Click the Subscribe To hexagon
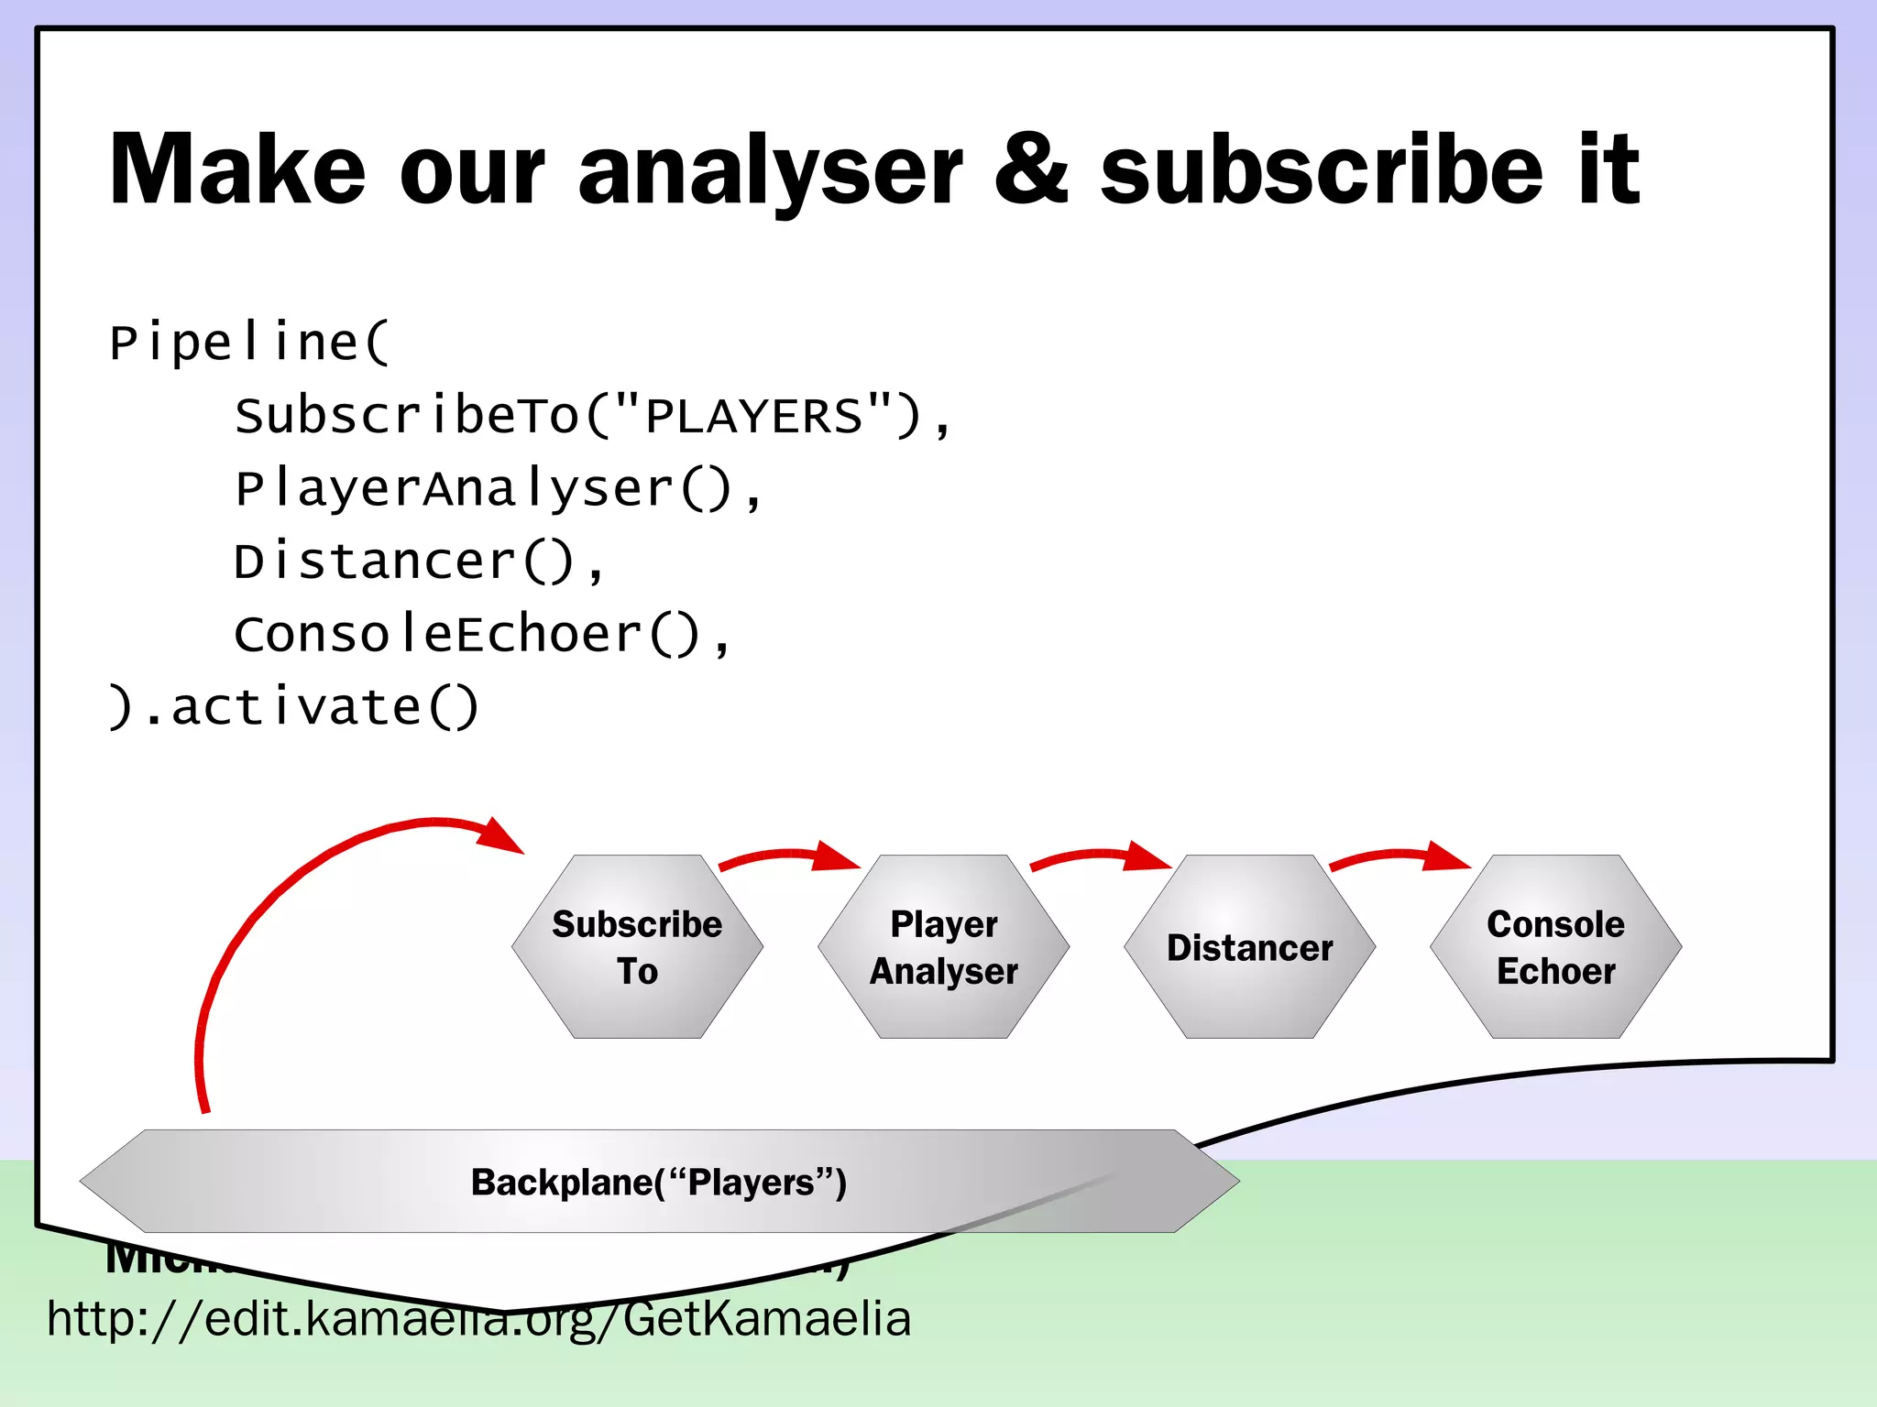point(637,947)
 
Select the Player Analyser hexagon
point(943,947)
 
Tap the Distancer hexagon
point(1249,947)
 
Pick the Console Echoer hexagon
point(1555,947)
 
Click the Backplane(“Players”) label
point(658,1183)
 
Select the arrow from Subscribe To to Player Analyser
point(788,856)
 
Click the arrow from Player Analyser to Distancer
point(1100,856)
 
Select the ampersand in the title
point(1030,169)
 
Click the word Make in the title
point(236,169)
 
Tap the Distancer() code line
point(418,562)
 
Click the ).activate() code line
point(293,706)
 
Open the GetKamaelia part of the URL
point(766,1320)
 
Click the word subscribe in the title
point(1321,169)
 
